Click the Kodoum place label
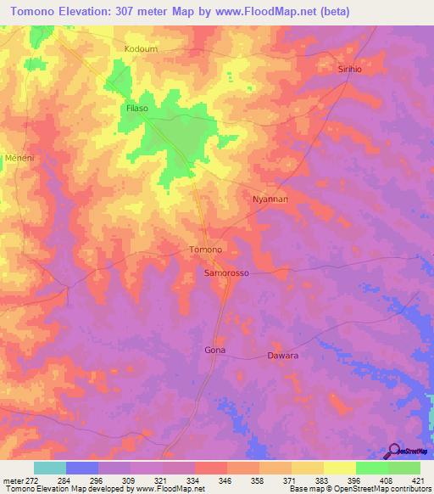tap(141, 49)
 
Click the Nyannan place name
tap(271, 199)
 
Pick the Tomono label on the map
tap(205, 250)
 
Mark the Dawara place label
tap(283, 356)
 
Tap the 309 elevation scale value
tap(131, 481)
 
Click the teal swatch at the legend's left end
tap(50, 468)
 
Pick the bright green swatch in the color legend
tap(371, 468)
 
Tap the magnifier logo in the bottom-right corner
tap(395, 449)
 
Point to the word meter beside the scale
tap(13, 481)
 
